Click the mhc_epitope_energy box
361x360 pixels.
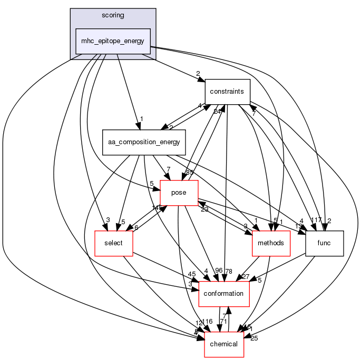[x=113, y=41]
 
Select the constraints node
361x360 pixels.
[x=227, y=92]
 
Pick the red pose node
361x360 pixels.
[x=179, y=193]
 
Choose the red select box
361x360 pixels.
[x=113, y=243]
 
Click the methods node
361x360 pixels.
[x=272, y=243]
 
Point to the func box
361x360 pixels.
[x=325, y=243]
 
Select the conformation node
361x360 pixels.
[x=223, y=294]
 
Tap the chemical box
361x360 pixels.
[x=223, y=344]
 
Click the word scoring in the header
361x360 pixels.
[x=113, y=15]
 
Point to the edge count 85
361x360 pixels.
[x=190, y=172]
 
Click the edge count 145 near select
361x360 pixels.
[x=156, y=208]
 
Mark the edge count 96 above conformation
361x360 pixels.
[x=219, y=271]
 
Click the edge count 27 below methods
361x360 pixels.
[x=245, y=276]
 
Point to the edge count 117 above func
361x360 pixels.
[x=316, y=220]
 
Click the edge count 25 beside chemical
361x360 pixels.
[x=255, y=338]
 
